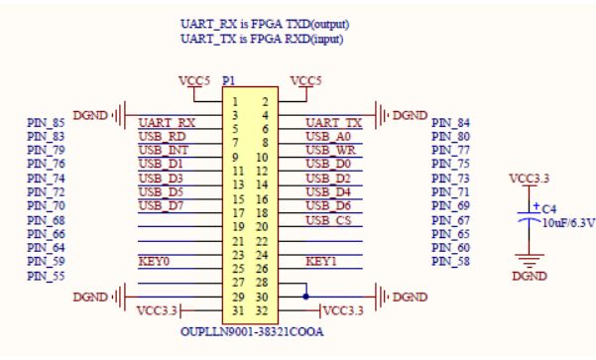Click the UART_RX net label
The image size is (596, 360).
[x=167, y=123]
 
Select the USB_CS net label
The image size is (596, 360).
[x=328, y=220]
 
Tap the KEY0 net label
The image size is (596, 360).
[x=154, y=262]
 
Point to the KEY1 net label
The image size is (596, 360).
[x=321, y=262]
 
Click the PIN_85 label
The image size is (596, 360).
[x=46, y=123]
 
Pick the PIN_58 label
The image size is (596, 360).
[x=451, y=262]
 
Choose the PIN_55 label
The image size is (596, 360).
[x=46, y=276]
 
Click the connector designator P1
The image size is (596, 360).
[x=228, y=81]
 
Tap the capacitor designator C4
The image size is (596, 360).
[x=549, y=209]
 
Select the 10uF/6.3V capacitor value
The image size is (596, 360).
[x=568, y=223]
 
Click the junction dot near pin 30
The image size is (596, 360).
[x=306, y=297]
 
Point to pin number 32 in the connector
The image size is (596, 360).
[x=262, y=311]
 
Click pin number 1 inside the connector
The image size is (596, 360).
[x=235, y=102]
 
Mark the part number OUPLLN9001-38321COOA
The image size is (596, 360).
[x=252, y=332]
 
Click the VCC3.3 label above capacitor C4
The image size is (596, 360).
[x=530, y=179]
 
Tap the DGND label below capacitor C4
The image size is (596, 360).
[x=530, y=276]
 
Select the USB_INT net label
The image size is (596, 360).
[x=164, y=150]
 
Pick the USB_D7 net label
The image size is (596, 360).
[x=161, y=205]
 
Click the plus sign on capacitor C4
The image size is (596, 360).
[x=536, y=206]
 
